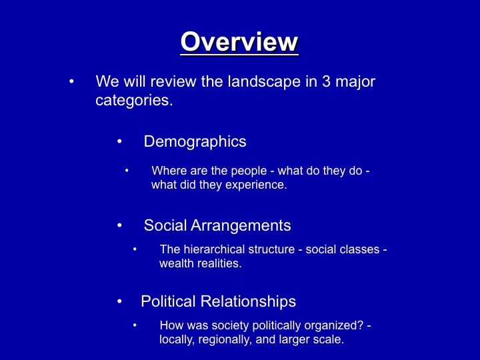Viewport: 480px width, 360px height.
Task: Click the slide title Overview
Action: tap(239, 42)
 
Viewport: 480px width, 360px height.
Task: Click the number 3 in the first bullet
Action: tap(326, 81)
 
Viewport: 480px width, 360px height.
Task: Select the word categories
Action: tap(134, 101)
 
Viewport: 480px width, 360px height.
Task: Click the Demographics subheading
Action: tap(195, 141)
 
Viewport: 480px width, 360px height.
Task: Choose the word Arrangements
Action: tap(241, 225)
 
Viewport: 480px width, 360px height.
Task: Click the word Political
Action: tap(168, 301)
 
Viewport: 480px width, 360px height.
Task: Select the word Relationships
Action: tap(248, 301)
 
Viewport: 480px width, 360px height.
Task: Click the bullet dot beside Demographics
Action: tap(119, 141)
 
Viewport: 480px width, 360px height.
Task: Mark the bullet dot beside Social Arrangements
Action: tap(119, 225)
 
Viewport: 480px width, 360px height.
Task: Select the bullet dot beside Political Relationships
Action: tap(119, 301)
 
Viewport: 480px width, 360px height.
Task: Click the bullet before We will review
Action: tap(71, 81)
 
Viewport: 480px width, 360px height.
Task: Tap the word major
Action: tap(355, 82)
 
